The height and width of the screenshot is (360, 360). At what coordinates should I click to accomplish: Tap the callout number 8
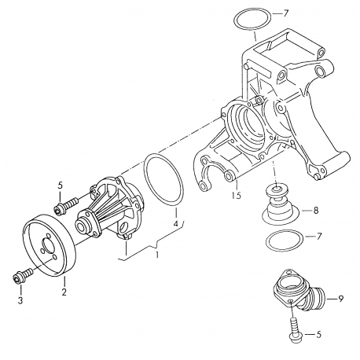(315, 210)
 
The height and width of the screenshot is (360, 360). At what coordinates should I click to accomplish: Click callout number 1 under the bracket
(157, 255)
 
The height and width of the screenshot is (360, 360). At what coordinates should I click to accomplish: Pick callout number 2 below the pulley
(64, 292)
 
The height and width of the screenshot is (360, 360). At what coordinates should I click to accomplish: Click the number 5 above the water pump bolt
(60, 186)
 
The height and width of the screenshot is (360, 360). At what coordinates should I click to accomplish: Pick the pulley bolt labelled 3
(20, 277)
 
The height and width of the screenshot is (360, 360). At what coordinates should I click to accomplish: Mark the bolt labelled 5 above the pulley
(65, 206)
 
